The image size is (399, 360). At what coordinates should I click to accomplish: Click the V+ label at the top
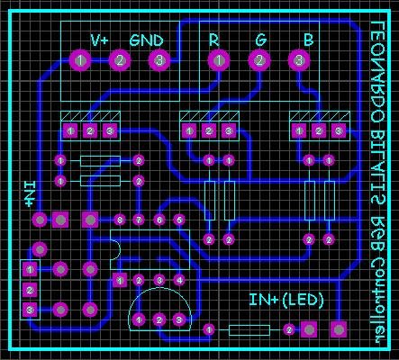click(x=99, y=40)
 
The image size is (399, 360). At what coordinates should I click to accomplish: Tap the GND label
click(x=146, y=40)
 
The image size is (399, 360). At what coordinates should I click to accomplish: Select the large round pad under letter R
click(x=217, y=60)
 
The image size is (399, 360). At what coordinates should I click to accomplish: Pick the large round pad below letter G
click(x=259, y=60)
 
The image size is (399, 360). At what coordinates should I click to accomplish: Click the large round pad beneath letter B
click(x=300, y=60)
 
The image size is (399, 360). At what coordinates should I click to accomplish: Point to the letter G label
click(x=260, y=40)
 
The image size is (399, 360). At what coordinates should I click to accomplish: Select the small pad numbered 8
click(x=119, y=220)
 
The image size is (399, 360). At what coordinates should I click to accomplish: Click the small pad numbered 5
click(x=178, y=220)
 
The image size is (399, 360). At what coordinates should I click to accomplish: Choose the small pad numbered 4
click(x=178, y=280)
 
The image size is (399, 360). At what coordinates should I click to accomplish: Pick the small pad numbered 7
click(x=139, y=220)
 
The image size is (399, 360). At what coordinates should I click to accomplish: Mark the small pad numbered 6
click(x=159, y=220)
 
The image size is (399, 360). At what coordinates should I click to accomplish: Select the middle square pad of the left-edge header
click(x=30, y=290)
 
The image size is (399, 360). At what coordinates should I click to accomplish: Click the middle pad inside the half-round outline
click(x=159, y=319)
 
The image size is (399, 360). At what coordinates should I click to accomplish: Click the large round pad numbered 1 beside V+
click(x=79, y=60)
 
